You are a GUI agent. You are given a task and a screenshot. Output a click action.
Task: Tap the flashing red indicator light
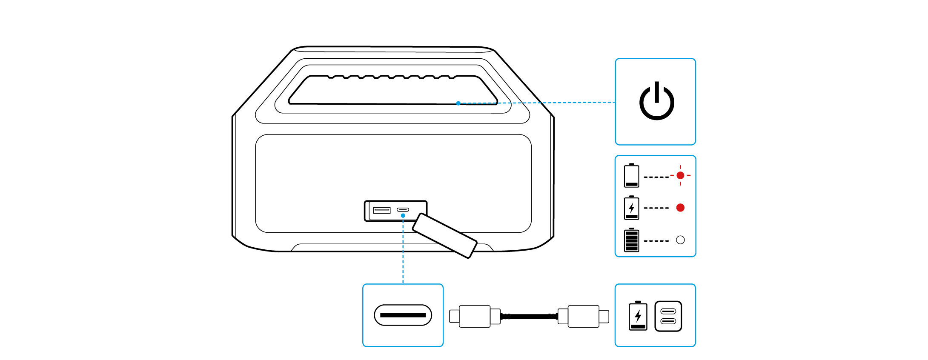[680, 175]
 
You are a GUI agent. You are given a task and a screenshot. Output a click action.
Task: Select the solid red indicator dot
[680, 208]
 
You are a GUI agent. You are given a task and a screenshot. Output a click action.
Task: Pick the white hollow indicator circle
[680, 240]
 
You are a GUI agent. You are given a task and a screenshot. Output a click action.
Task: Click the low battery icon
[631, 176]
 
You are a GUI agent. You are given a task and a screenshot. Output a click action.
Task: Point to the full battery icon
[631, 240]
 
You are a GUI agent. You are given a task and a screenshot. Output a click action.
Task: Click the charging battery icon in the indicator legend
[631, 208]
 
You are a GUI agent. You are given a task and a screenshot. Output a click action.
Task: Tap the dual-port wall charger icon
[668, 316]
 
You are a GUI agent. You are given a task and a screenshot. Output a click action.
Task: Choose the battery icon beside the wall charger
[638, 316]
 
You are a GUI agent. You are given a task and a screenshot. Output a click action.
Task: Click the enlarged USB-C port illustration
[403, 315]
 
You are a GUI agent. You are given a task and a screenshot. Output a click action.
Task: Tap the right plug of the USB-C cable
[584, 316]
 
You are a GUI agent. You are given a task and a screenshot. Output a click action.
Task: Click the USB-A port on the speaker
[381, 210]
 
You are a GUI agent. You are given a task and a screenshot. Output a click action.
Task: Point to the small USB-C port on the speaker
[403, 210]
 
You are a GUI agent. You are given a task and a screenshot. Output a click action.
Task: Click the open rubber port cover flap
[444, 235]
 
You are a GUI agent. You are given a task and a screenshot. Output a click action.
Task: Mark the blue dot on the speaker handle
[458, 103]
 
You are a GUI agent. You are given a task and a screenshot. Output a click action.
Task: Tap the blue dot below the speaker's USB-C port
[403, 216]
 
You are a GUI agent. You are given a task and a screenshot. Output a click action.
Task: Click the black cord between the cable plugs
[529, 316]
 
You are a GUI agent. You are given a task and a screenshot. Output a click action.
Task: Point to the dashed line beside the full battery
[656, 241]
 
